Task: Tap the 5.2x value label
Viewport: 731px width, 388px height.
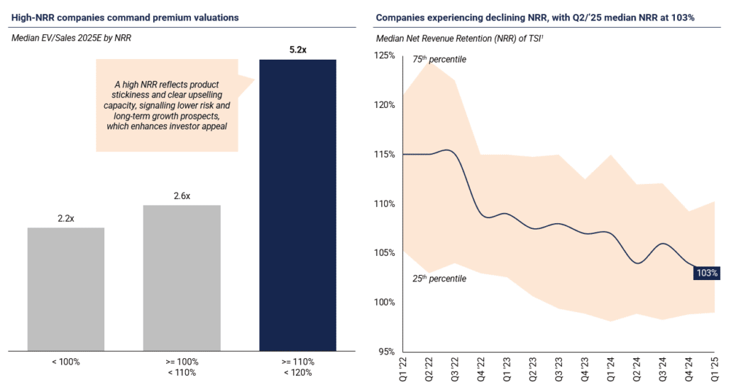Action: point(298,50)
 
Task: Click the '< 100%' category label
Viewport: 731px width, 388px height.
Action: point(66,362)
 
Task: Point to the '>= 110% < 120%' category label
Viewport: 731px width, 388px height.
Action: point(298,367)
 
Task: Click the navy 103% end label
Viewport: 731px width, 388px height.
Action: point(707,273)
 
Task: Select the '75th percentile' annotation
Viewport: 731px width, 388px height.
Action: point(439,59)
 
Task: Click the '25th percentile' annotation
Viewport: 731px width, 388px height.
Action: point(439,279)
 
